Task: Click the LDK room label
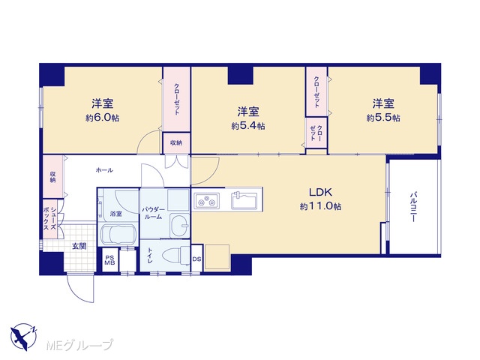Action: tap(320, 192)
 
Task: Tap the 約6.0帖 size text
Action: tap(103, 118)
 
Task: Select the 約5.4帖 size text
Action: tap(248, 126)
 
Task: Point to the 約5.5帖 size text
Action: tap(383, 118)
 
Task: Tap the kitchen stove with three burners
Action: tap(206, 201)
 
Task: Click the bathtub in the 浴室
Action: tap(118, 235)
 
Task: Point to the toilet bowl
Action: tap(175, 255)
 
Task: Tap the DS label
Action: tap(196, 259)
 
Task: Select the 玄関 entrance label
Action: tap(79, 246)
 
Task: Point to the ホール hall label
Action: tap(104, 170)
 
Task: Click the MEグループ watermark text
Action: tap(80, 345)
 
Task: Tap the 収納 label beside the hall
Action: tap(53, 177)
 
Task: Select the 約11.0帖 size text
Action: tap(320, 206)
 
